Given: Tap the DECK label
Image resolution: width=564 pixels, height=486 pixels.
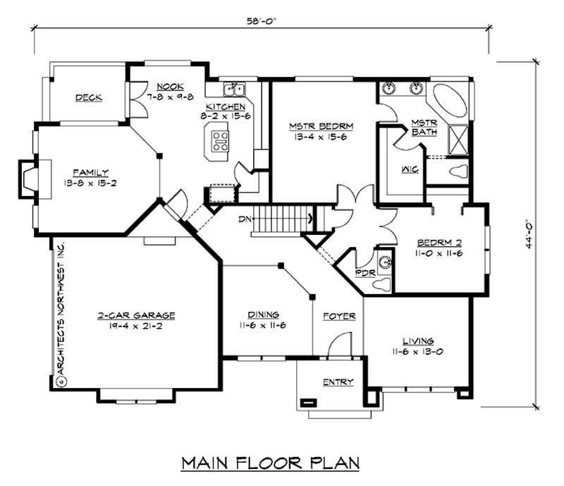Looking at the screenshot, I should [x=89, y=97].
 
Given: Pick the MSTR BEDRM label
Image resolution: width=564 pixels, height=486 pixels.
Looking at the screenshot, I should [x=321, y=126].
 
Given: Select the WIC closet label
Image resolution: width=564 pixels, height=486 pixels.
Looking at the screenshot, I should [x=391, y=169].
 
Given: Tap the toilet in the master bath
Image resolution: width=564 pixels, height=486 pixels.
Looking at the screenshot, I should [x=458, y=171].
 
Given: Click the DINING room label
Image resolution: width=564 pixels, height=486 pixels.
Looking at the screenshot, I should [x=263, y=315].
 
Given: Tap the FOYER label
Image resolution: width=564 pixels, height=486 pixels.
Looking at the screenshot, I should [x=338, y=316].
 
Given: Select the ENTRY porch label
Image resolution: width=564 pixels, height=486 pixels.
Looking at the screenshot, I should [x=338, y=382].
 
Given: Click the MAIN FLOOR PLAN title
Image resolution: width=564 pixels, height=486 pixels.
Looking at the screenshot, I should [x=271, y=463].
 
